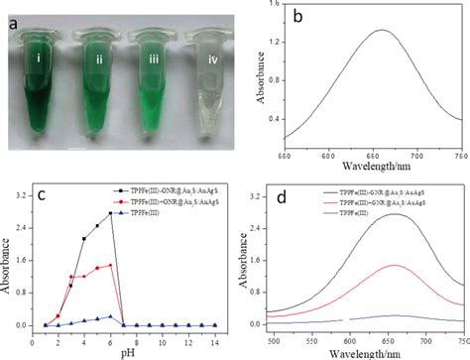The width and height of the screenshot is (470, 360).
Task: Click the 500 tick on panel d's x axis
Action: tap(297, 338)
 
